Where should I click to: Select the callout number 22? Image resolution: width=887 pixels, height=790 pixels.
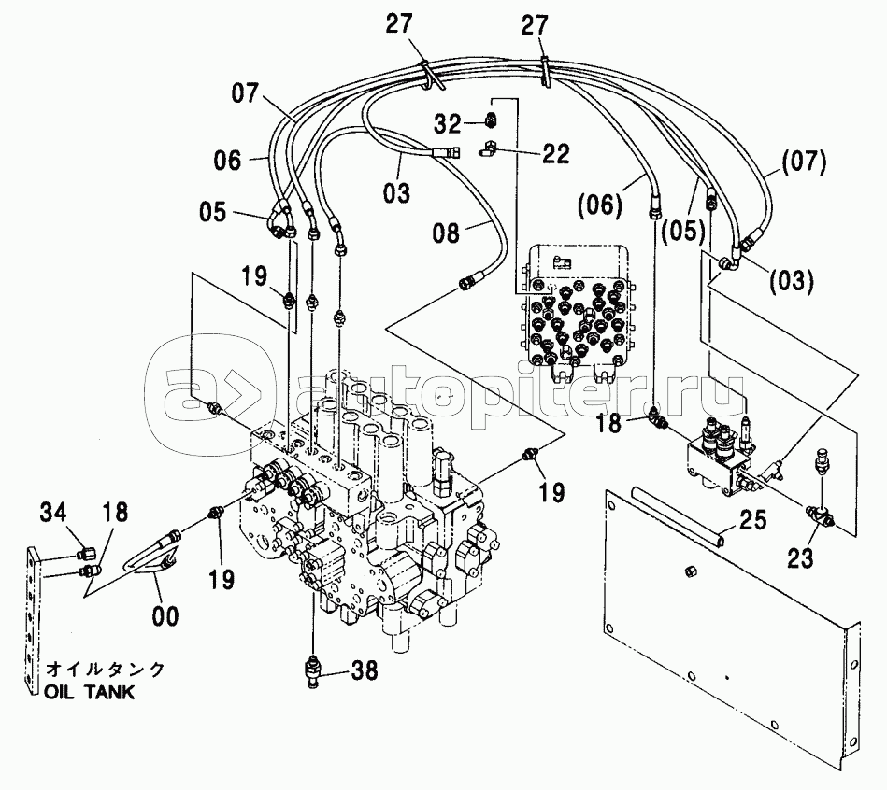556,153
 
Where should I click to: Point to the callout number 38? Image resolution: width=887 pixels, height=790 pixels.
365,669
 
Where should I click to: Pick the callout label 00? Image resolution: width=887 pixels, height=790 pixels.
165,615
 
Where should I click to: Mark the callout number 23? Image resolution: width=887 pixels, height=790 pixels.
800,559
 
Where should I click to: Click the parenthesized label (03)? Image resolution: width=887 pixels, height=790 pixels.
792,278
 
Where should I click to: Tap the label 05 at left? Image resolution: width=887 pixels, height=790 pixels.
212,212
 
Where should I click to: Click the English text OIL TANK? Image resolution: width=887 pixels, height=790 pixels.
90,692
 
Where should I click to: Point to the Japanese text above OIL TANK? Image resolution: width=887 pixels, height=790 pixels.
106,670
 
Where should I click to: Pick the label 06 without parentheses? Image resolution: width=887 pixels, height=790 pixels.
227,161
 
